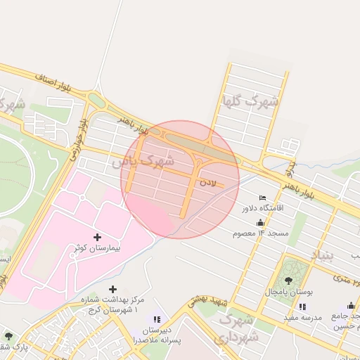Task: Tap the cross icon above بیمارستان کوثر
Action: [x=97, y=237]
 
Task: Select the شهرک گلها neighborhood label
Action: [x=250, y=101]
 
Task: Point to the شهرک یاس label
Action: [x=143, y=161]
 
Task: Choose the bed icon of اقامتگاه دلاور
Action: [x=262, y=198]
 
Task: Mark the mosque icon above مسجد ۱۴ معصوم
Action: [x=260, y=222]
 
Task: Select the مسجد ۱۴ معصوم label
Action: [x=263, y=233]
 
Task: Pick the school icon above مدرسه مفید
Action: [x=302, y=307]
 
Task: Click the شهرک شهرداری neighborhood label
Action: [x=239, y=329]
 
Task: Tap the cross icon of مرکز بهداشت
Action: [x=112, y=289]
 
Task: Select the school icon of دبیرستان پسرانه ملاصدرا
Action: [x=157, y=320]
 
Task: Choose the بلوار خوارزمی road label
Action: [x=77, y=138]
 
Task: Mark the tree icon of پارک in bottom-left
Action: [x=8, y=336]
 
